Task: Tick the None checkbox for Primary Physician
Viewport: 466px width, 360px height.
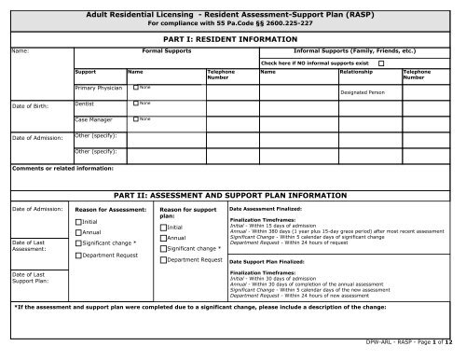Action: point(136,88)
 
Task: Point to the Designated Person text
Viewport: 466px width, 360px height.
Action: point(364,93)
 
